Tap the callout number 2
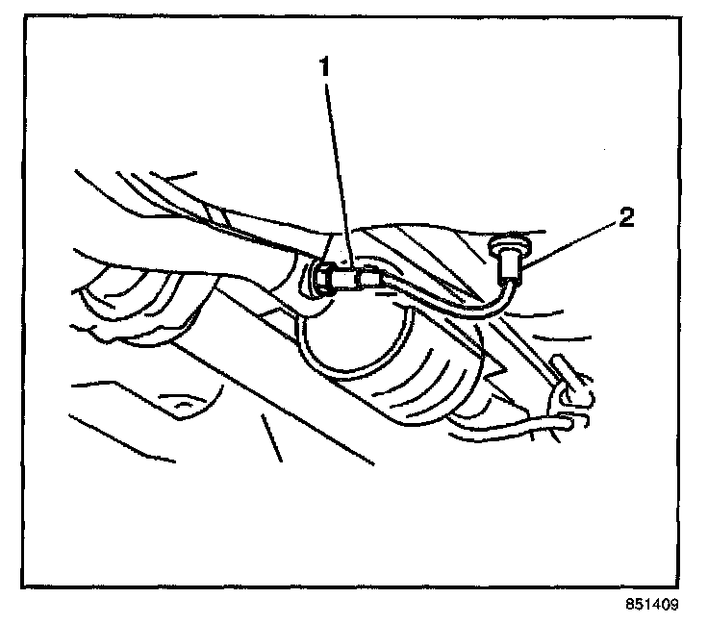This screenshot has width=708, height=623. pos(626,218)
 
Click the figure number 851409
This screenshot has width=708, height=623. pos(651,606)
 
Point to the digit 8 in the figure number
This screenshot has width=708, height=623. pos(628,606)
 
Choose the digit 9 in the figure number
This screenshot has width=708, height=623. pos(674,606)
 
